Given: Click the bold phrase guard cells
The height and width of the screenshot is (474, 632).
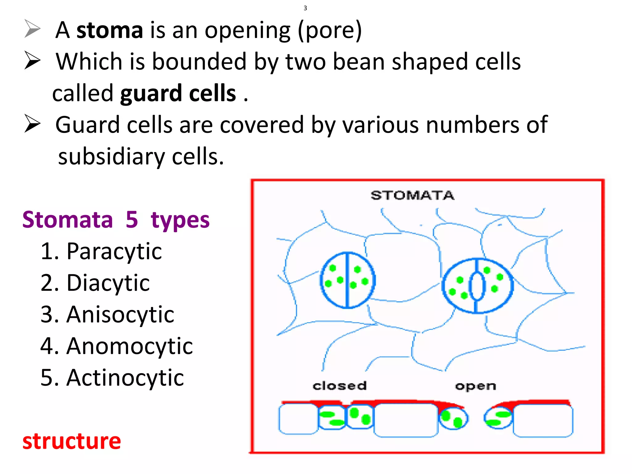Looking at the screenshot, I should tap(178, 94).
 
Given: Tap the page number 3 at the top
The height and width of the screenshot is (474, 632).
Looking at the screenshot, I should tap(305, 8).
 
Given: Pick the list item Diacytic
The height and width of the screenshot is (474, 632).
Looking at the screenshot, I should tap(108, 283).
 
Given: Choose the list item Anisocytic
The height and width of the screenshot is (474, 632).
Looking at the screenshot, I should tap(120, 315).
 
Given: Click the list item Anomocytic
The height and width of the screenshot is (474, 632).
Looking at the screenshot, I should tap(129, 346).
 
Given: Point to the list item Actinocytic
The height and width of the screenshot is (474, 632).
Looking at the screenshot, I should tap(125, 378).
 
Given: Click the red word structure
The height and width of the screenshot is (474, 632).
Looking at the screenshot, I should tap(72, 441).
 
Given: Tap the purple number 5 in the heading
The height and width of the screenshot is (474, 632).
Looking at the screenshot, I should tap(132, 220).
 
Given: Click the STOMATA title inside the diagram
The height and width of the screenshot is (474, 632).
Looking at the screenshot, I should tap(412, 196).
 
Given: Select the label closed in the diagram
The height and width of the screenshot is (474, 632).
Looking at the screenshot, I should tap(339, 386).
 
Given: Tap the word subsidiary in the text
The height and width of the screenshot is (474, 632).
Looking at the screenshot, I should tap(111, 157).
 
